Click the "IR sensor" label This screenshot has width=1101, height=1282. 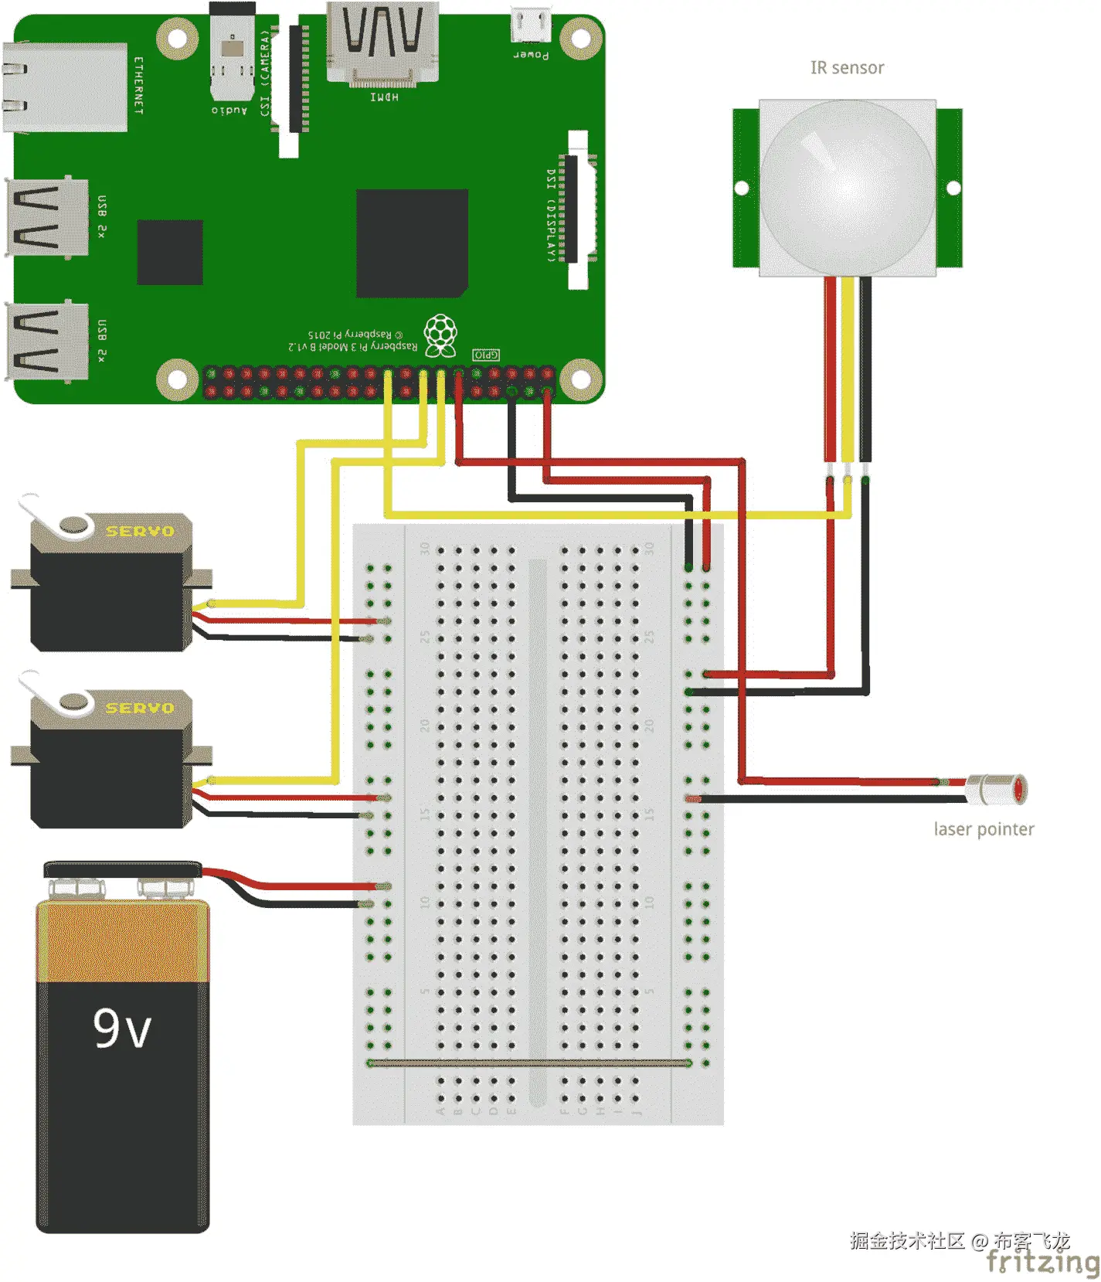tap(847, 68)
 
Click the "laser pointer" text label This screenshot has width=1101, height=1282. tap(983, 829)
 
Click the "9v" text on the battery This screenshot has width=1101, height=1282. tap(122, 1029)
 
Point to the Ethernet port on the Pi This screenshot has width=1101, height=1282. tap(66, 87)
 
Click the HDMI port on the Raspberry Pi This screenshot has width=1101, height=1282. tap(383, 43)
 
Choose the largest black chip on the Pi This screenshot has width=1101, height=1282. tap(412, 243)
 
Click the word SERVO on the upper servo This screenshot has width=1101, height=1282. tap(140, 531)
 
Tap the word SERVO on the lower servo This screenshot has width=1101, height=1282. tap(140, 708)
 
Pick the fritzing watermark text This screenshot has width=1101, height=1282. tap(1042, 1262)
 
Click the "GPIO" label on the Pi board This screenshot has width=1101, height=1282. tap(486, 355)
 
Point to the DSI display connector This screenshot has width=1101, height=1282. tap(577, 209)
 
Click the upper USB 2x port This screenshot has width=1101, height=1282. tap(46, 217)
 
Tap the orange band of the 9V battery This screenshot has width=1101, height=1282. tap(123, 941)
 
